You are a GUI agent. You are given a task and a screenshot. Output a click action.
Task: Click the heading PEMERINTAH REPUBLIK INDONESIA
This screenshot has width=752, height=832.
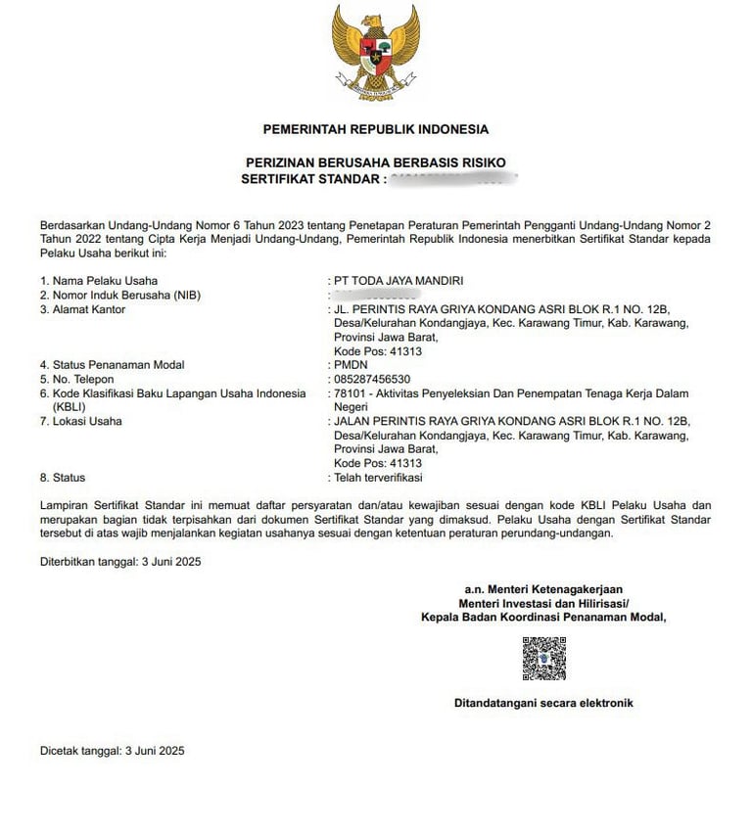[375, 129]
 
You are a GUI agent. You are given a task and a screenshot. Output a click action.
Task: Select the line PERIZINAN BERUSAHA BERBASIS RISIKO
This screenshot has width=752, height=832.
[375, 162]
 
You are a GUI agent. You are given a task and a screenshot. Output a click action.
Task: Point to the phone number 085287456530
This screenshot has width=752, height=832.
[372, 379]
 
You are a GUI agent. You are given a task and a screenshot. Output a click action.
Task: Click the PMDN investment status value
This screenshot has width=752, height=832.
[350, 365]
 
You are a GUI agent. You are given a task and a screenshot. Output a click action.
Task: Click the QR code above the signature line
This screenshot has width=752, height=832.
[543, 659]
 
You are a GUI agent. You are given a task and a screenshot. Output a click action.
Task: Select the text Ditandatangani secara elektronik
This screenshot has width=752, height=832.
[543, 703]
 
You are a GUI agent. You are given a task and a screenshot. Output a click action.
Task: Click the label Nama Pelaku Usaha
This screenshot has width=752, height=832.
[98, 281]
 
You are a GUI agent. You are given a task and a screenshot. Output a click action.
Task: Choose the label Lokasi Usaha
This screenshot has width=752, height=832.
[87, 421]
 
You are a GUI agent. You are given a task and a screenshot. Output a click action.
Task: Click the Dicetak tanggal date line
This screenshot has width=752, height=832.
[112, 751]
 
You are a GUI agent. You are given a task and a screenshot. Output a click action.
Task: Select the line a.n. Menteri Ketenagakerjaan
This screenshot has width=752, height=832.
[543, 589]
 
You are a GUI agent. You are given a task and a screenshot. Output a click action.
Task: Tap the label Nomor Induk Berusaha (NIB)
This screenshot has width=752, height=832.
[118, 295]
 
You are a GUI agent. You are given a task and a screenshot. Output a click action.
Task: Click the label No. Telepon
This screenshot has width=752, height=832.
[83, 379]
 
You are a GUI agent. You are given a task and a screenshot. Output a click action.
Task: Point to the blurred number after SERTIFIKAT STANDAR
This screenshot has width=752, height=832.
[452, 178]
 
